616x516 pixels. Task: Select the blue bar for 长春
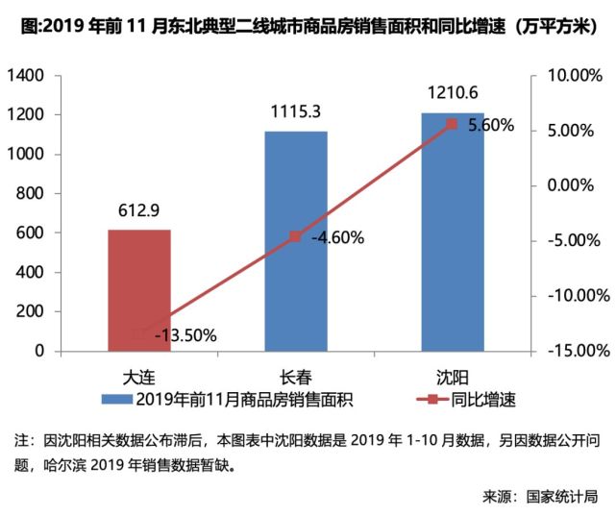(x=296, y=240)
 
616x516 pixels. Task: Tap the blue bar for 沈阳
(x=452, y=232)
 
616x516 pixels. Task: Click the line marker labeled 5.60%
(x=453, y=124)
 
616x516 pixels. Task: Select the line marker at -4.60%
(x=296, y=236)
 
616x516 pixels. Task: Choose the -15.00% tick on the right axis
(x=570, y=351)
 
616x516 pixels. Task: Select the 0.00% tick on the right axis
(x=574, y=185)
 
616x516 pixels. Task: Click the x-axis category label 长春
(x=296, y=374)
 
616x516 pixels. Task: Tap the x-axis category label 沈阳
(x=452, y=374)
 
